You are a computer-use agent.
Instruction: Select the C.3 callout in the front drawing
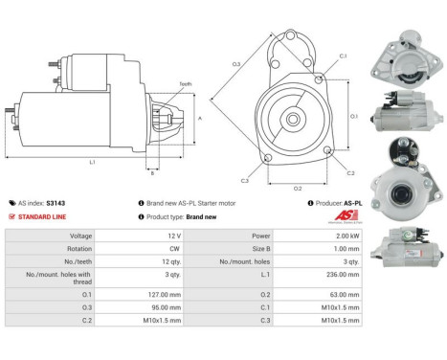tap(245, 180)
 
